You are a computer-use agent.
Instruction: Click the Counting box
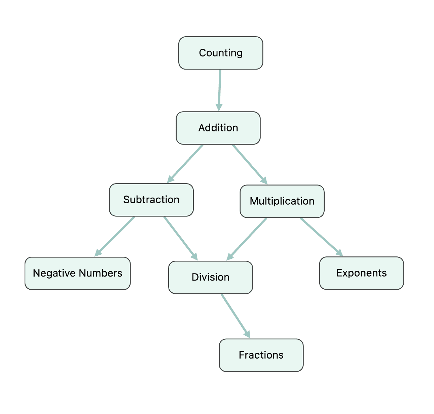coord(221,53)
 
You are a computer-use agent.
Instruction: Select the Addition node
coord(218,128)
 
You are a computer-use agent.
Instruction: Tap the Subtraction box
coord(151,200)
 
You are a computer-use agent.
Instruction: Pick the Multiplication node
coord(282,201)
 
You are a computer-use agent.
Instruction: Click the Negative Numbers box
coord(77,273)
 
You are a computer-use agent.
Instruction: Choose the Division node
coord(210,277)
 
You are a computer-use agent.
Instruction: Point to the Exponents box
coord(361,273)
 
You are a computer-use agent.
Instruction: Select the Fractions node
coord(261,355)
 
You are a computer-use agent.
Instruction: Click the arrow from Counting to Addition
coord(220,89)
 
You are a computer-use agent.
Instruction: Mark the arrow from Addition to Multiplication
coord(249,164)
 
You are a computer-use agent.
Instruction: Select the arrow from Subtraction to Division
coord(180,238)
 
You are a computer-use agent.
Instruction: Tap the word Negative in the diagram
coord(54,273)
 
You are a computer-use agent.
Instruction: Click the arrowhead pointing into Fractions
coord(247,334)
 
